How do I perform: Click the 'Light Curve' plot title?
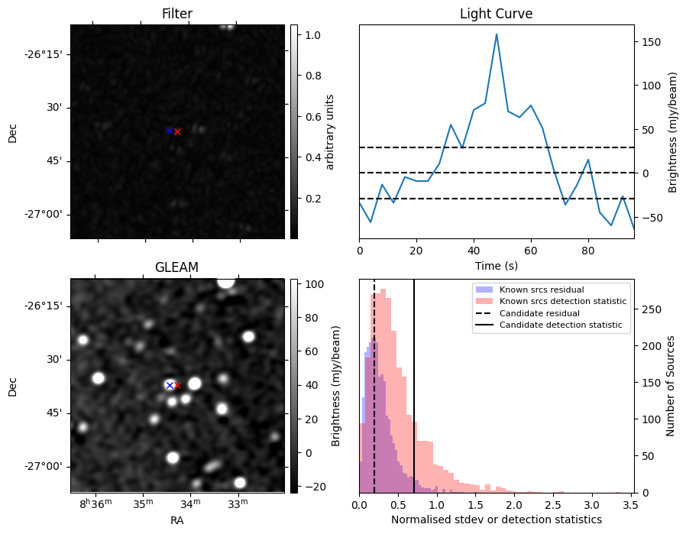pyautogui.click(x=496, y=14)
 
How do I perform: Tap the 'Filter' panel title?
pyautogui.click(x=177, y=14)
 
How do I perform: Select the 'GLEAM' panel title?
pyautogui.click(x=177, y=267)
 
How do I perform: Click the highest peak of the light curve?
pyautogui.click(x=497, y=34)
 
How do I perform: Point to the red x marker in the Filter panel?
pyautogui.click(x=177, y=131)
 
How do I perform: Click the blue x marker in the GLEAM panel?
pyautogui.click(x=170, y=385)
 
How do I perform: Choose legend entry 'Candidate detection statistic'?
pyautogui.click(x=561, y=325)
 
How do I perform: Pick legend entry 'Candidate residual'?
pyautogui.click(x=539, y=313)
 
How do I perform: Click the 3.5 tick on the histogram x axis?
pyautogui.click(x=629, y=504)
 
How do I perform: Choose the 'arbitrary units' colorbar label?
pyautogui.click(x=329, y=131)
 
